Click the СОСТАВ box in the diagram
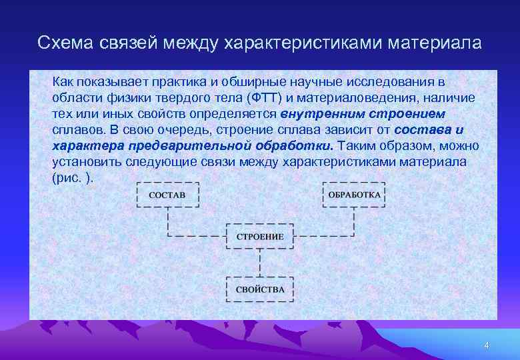tap(167, 195)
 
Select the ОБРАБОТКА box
tap(353, 195)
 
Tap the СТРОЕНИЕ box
tap(260, 237)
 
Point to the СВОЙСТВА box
tap(260, 289)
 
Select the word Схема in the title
tap(67, 43)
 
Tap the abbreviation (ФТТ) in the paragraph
tap(265, 98)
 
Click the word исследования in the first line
tap(403, 82)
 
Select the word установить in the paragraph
tap(85, 162)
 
